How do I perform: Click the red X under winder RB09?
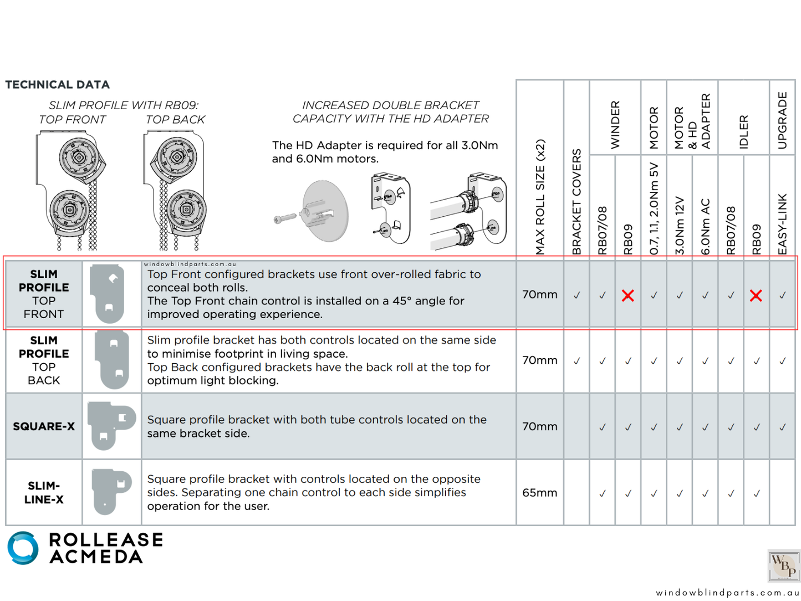point(627,296)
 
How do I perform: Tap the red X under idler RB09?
point(756,296)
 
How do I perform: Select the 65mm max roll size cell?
point(539,493)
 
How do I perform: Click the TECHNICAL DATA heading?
point(58,85)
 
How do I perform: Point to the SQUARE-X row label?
point(44,426)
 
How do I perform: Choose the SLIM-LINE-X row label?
point(44,492)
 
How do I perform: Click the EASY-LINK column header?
point(782,224)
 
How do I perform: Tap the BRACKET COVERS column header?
point(576,202)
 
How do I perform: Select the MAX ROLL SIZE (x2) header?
point(540,197)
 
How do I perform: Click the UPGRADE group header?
point(782,120)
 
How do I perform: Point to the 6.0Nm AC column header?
point(705,227)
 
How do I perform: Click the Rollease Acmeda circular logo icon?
point(23,548)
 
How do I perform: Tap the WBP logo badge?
point(784,566)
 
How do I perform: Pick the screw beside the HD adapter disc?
point(285,219)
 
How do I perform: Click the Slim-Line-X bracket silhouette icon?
point(111,491)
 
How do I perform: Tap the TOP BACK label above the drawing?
point(175,120)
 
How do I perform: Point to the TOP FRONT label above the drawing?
point(72,120)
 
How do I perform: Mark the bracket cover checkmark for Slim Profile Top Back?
point(576,361)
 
